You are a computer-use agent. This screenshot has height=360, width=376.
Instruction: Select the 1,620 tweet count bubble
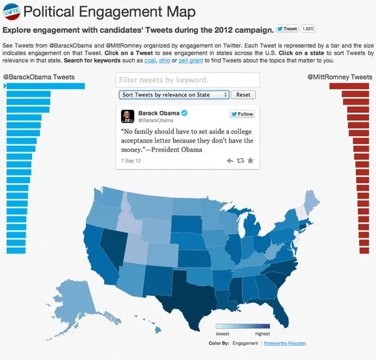(x=308, y=29)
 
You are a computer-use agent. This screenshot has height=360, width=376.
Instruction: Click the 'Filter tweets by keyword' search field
(x=187, y=80)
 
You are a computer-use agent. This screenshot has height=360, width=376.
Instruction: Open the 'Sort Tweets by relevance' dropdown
(x=174, y=95)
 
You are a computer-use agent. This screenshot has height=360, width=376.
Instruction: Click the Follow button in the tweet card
(x=242, y=114)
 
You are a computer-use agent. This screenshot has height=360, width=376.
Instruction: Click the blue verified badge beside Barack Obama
(x=185, y=113)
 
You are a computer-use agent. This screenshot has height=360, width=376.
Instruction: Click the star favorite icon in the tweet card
(x=251, y=161)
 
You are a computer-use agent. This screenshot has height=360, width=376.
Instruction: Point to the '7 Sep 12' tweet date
(x=131, y=161)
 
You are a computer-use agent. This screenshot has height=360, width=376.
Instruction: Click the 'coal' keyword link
(x=151, y=60)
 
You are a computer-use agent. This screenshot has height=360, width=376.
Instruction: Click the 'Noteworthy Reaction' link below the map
(x=285, y=344)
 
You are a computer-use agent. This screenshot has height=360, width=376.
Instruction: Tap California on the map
(x=94, y=250)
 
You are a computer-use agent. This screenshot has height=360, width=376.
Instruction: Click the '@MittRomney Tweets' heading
(x=340, y=77)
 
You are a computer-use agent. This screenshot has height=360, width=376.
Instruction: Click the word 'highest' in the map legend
(x=261, y=334)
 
